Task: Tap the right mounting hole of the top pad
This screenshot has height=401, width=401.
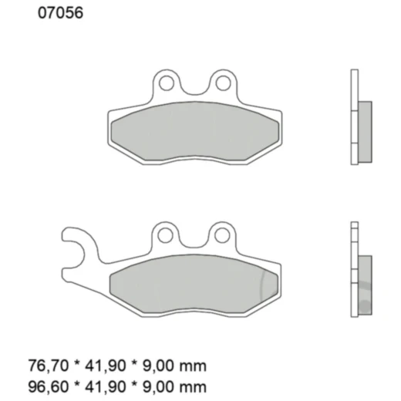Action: [222, 80]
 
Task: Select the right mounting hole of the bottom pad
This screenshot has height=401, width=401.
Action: [222, 233]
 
